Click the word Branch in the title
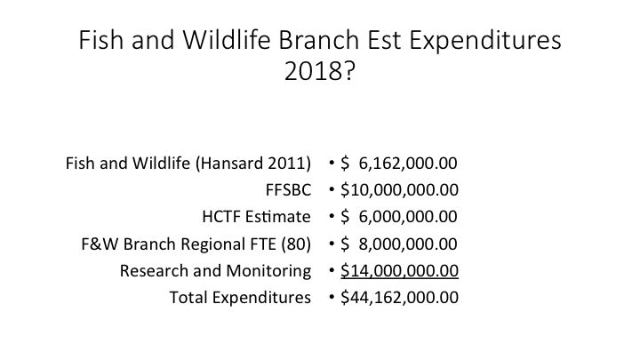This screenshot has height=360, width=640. [x=319, y=40]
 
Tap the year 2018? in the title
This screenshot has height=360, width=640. [x=320, y=71]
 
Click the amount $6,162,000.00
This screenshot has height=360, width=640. [x=399, y=164]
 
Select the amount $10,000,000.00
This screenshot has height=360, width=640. [x=399, y=190]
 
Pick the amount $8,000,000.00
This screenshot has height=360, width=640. [x=399, y=244]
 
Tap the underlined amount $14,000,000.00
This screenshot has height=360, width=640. [x=399, y=270]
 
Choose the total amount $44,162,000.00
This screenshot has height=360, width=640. [x=399, y=297]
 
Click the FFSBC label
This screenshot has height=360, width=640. [x=288, y=190]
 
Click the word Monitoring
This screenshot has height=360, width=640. [x=268, y=271]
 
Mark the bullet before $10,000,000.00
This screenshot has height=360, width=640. [x=332, y=190]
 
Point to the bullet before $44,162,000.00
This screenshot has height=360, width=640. [x=332, y=297]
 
